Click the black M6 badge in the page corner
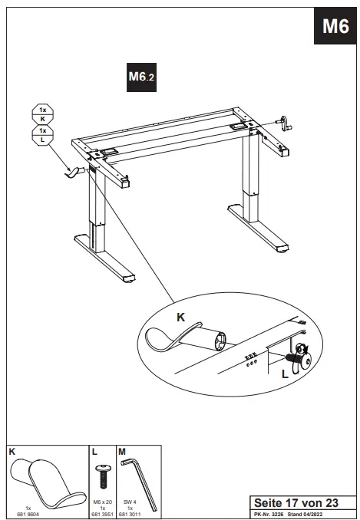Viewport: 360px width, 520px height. [335, 27]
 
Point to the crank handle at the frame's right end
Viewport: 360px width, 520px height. [285, 123]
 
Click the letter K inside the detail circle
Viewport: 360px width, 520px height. [180, 316]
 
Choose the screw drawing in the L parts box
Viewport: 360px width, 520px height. [103, 474]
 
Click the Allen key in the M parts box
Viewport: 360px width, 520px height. [140, 479]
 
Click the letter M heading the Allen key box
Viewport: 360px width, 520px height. [122, 453]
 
